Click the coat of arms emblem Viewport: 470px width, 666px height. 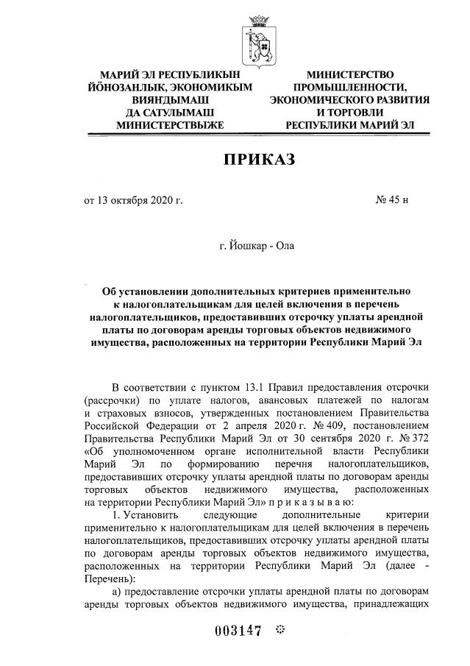click(x=258, y=40)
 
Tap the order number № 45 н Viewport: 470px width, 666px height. click(x=392, y=199)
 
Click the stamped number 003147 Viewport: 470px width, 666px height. click(x=238, y=631)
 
